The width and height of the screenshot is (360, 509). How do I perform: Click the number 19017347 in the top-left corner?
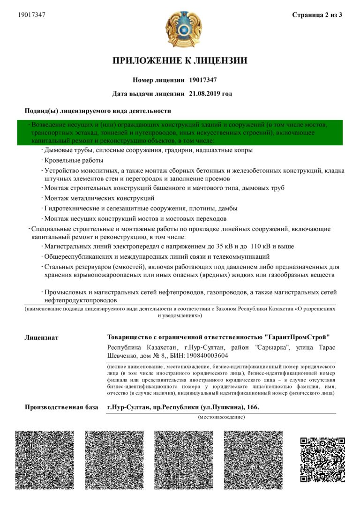click(x=31, y=15)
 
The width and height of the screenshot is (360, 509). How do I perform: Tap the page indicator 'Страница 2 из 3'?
click(x=317, y=15)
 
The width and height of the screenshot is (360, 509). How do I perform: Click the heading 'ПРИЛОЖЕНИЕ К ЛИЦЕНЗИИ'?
click(x=180, y=60)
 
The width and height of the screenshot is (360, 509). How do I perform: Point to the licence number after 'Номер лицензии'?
click(x=202, y=80)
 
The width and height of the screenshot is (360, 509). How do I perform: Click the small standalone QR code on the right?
click(x=322, y=460)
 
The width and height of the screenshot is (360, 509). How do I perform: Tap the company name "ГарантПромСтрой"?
click(x=297, y=337)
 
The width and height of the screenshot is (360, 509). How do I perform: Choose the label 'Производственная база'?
click(x=61, y=407)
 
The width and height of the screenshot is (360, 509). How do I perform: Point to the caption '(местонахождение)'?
click(x=221, y=417)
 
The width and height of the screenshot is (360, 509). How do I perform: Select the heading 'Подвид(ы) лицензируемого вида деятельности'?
click(x=97, y=111)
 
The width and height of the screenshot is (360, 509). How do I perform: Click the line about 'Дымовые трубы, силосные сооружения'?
click(x=148, y=150)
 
